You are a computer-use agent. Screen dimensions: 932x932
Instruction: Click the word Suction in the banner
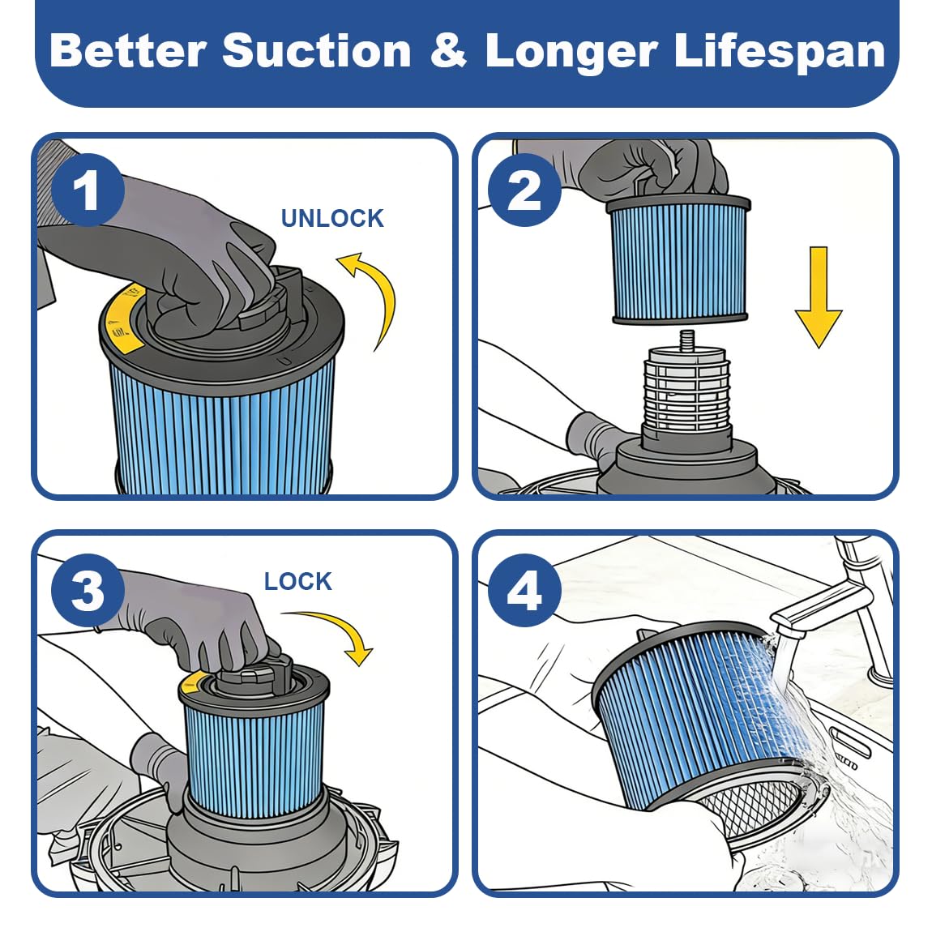pos(317,50)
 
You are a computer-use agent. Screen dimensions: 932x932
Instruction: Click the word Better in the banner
pos(128,50)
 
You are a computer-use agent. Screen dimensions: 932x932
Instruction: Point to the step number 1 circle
pos(88,190)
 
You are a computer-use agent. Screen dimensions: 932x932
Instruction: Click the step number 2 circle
pos(524,190)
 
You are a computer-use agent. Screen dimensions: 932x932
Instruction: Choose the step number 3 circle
pos(88,591)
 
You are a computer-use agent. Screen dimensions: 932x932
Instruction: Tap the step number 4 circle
pos(524,591)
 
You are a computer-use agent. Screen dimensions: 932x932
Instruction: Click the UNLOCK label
pos(332,219)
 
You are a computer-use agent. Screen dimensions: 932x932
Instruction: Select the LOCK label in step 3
pos(297,581)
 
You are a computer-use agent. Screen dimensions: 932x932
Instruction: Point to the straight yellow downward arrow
pos(819,297)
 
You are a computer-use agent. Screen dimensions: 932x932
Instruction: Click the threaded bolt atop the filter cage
pos(687,340)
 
